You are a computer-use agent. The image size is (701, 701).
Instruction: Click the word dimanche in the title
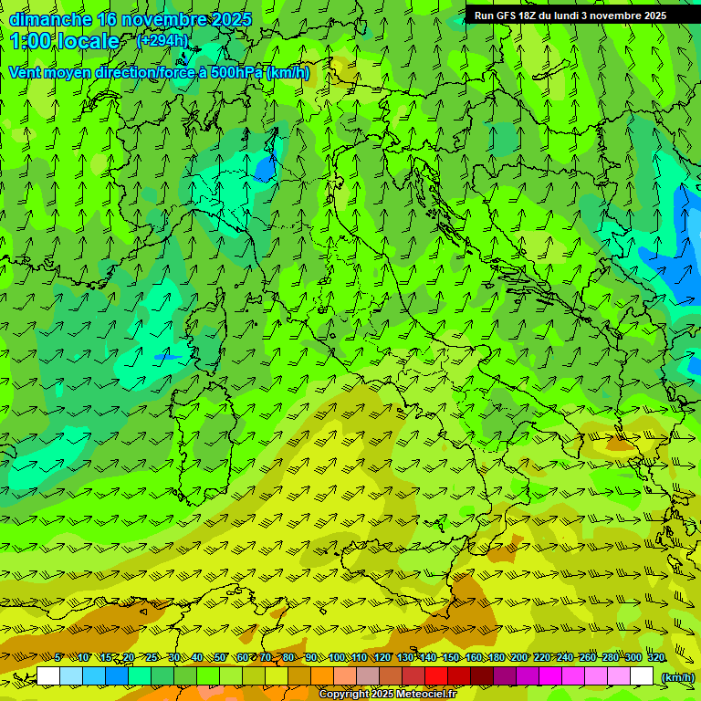tap(50, 19)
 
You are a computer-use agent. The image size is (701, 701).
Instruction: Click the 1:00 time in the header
tap(33, 41)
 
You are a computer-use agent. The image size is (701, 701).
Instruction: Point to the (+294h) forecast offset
tap(162, 41)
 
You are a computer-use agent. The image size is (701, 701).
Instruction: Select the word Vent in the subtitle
tap(26, 72)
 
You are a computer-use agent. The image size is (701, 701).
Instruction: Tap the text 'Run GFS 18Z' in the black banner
tap(505, 16)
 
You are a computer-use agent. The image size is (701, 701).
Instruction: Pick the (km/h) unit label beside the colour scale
tap(677, 676)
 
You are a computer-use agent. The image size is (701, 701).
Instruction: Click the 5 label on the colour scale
tap(58, 657)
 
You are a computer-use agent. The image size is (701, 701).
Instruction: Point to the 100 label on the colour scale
tap(337, 657)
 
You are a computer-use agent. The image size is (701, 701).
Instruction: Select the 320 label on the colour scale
tap(655, 657)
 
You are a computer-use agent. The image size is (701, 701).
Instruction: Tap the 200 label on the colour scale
tap(519, 657)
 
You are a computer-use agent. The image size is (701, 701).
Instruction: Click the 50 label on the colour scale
tap(220, 657)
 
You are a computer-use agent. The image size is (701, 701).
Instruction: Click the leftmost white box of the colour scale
tap(48, 676)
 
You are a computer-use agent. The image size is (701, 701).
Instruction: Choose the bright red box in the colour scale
tap(436, 676)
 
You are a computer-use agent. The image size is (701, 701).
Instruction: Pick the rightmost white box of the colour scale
tap(642, 676)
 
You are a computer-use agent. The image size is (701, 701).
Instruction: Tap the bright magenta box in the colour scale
tap(550, 676)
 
